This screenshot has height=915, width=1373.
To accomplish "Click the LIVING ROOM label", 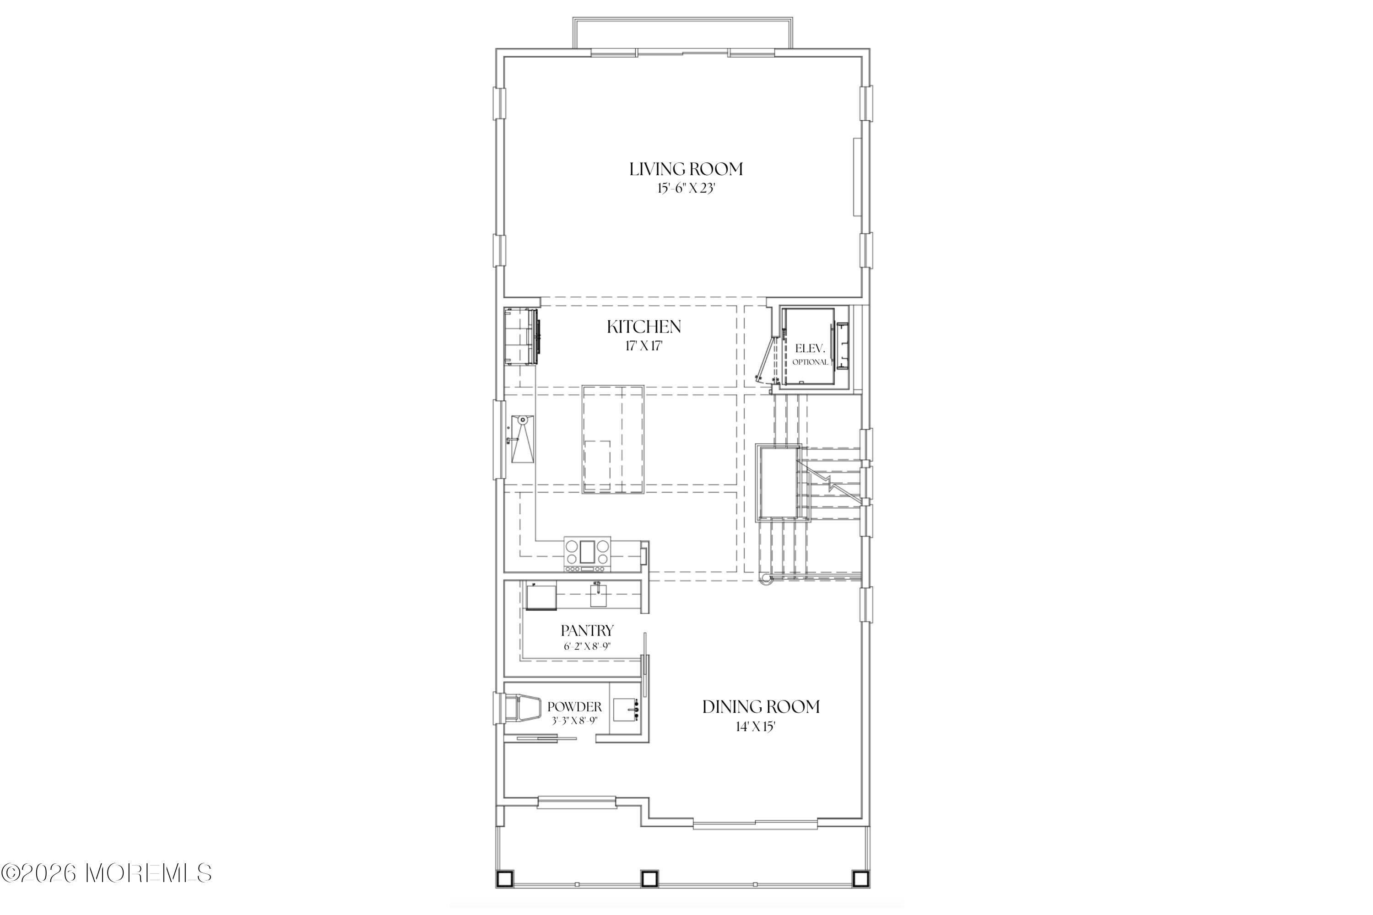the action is click(x=686, y=169).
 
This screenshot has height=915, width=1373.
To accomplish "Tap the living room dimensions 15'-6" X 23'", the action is click(x=686, y=188).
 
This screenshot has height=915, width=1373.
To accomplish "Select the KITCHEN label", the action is click(x=644, y=327).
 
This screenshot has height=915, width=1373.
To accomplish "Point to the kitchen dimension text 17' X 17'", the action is click(x=644, y=346).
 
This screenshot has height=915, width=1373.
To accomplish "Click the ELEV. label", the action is click(x=810, y=349).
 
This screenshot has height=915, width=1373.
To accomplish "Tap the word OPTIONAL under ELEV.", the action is click(x=810, y=362).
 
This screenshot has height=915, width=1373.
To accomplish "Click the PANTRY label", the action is click(x=587, y=631).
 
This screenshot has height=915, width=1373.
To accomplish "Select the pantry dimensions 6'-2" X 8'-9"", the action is click(x=587, y=646).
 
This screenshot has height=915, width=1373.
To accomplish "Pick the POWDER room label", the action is click(x=574, y=707).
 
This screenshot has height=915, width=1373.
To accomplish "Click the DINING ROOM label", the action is click(x=761, y=707).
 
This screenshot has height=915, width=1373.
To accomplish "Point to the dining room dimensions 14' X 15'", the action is click(x=756, y=727).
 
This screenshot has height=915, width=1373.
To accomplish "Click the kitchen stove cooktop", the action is click(x=587, y=553).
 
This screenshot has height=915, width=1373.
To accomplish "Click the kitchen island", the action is click(x=613, y=439).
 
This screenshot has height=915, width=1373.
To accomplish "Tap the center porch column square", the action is click(x=650, y=894).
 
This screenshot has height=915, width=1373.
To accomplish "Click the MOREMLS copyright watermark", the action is click(x=106, y=873).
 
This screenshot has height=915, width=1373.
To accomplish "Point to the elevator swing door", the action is click(x=765, y=360).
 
